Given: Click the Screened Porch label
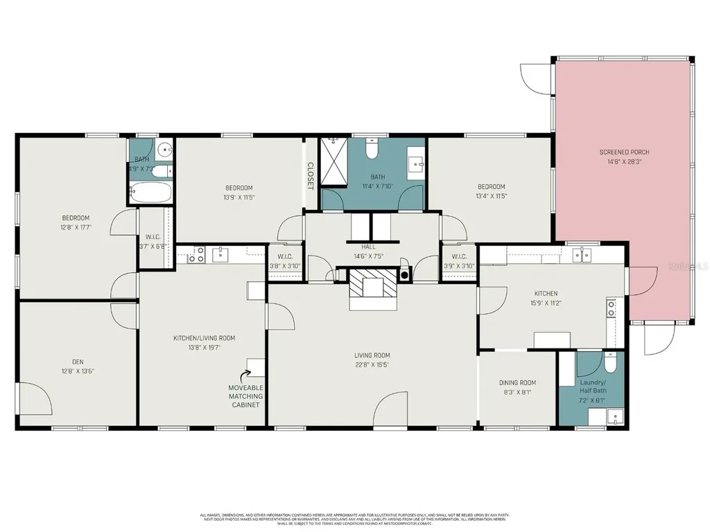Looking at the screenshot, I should point(624,152).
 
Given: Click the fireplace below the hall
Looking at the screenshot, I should point(374,282).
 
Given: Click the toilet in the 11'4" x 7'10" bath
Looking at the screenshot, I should point(372,148).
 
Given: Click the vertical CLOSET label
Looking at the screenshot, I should point(311,176).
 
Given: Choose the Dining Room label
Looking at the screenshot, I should point(517,382).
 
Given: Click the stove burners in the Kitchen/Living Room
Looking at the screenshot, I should point(195,255).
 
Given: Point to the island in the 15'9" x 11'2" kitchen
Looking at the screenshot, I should point(552,340).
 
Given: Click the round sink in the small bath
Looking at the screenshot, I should point(164,149).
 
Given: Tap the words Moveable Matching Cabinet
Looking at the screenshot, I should point(245,396).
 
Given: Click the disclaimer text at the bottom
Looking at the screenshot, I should point(355,519).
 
